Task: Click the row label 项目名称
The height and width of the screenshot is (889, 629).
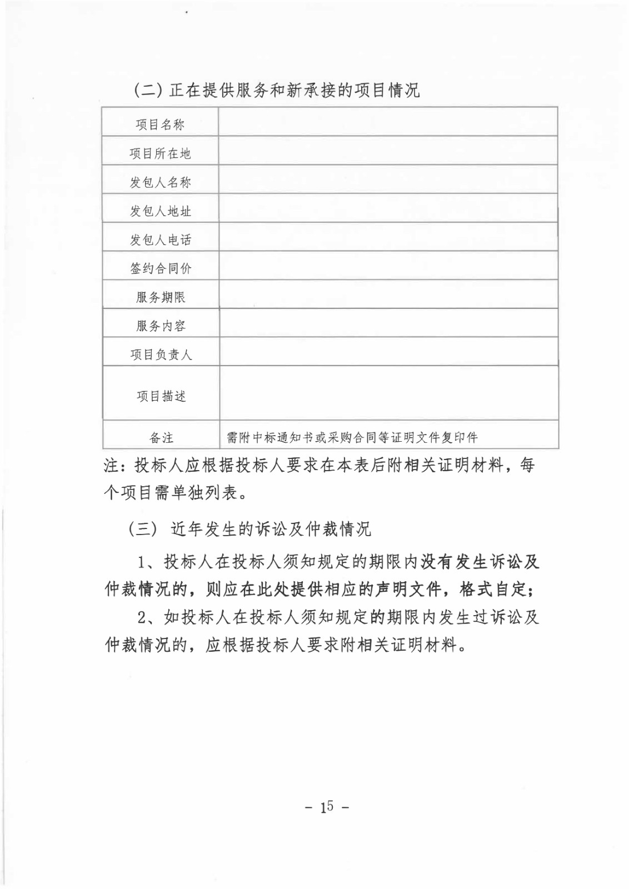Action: pos(160,124)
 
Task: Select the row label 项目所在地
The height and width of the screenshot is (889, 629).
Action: pos(160,153)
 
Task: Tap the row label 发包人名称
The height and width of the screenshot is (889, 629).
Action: pos(160,182)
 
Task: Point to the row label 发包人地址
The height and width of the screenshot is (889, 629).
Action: pos(160,211)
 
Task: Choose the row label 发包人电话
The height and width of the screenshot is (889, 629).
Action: pos(160,240)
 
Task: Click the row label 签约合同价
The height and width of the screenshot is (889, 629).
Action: pos(160,269)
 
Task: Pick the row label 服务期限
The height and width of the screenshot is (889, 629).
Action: pos(160,297)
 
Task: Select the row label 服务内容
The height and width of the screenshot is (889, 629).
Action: pos(160,326)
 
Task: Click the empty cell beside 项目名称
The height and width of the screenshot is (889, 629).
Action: pos(388,122)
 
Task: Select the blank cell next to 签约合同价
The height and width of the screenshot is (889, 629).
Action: pos(388,266)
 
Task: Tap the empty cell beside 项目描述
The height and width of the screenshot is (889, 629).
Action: pos(388,393)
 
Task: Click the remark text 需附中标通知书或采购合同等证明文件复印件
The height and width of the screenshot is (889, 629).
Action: pos(352,438)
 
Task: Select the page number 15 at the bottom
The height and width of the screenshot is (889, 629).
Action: pos(326,807)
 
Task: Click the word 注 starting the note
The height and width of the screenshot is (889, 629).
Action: pos(111,466)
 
